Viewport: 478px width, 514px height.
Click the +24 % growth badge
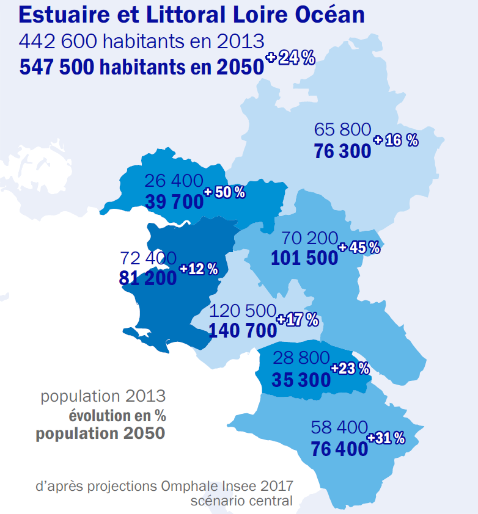pyautogui.click(x=290, y=59)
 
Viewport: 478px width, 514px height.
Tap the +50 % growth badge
pyautogui.click(x=224, y=192)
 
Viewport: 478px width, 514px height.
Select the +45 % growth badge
pyautogui.click(x=359, y=247)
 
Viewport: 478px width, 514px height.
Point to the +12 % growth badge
pyautogui.click(x=199, y=269)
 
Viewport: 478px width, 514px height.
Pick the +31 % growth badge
pyautogui.click(x=386, y=438)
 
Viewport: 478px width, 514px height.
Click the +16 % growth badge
pyautogui.click(x=395, y=140)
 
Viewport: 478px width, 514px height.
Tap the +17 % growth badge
pyautogui.click(x=298, y=319)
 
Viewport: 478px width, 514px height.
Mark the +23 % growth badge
pyautogui.click(x=350, y=368)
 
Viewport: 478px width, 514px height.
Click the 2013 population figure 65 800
pyautogui.click(x=342, y=129)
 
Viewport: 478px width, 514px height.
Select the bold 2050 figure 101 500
pyautogui.click(x=304, y=258)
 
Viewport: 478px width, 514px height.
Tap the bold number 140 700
pyautogui.click(x=243, y=331)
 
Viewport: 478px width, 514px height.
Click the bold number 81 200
pyautogui.click(x=148, y=278)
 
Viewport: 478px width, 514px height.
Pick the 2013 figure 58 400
pyautogui.click(x=339, y=427)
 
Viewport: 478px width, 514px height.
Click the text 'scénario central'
pyautogui.click(x=241, y=501)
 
